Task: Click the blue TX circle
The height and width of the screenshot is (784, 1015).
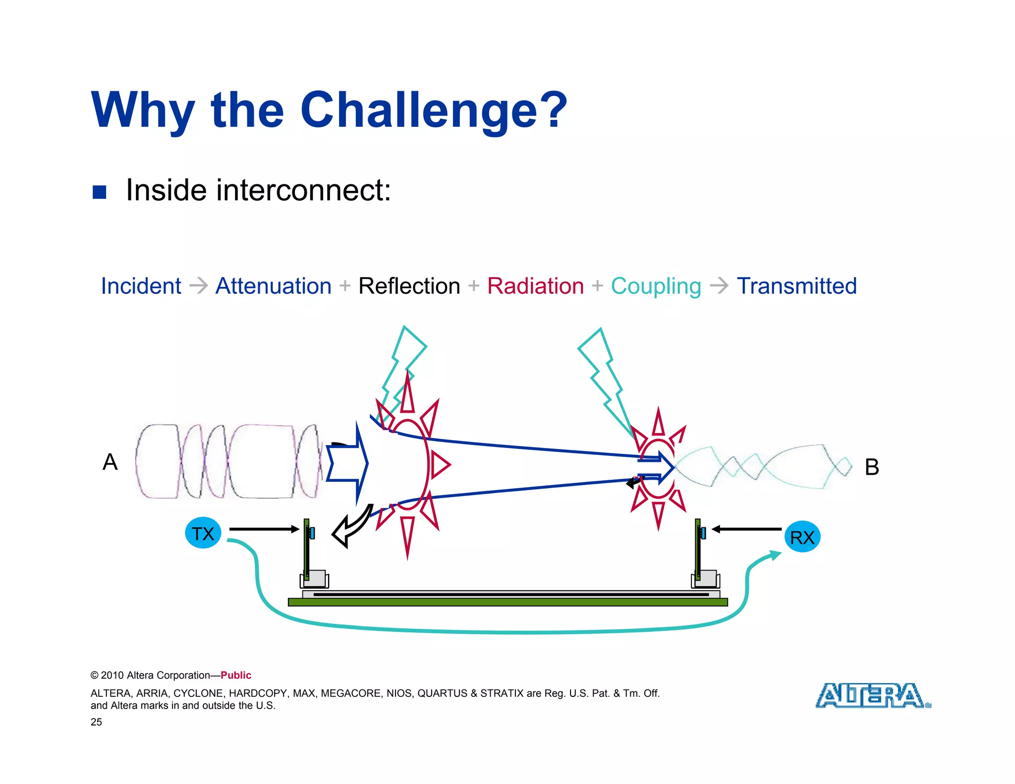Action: point(203,533)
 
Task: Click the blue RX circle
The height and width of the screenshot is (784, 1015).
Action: point(802,537)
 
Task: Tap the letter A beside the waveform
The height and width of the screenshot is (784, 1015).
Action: point(110,462)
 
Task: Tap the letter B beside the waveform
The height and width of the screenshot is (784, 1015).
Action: point(872,467)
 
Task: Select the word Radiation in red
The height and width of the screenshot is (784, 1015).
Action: point(535,286)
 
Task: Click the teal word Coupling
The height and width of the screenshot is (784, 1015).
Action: point(656,286)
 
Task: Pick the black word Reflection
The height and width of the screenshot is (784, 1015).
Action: point(409,286)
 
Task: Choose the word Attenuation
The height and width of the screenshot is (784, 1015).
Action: point(273,286)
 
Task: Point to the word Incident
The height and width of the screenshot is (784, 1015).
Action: point(141,286)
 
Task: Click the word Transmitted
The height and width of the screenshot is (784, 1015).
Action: point(796,286)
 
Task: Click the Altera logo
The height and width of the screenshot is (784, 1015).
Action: point(872,695)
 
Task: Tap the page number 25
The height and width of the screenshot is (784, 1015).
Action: point(96,722)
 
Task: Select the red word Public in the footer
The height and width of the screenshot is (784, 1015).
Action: point(236,675)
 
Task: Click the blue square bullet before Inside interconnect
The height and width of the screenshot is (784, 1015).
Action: point(100,192)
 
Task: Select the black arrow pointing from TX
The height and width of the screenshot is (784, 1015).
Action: point(264,529)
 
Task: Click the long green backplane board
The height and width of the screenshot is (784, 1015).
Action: point(507,602)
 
